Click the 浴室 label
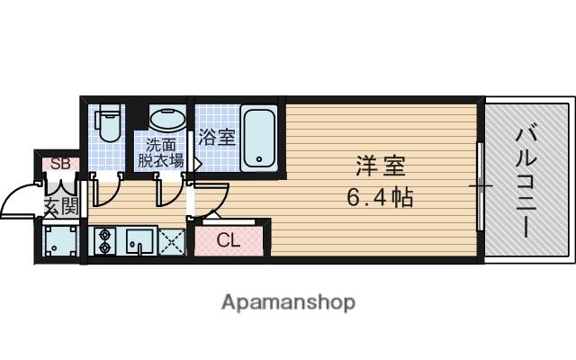(217, 137)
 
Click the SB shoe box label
(59, 164)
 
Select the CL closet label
(229, 240)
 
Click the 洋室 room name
(379, 166)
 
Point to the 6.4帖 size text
(379, 197)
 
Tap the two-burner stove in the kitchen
(105, 241)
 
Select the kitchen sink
(138, 241)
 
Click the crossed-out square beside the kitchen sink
(171, 241)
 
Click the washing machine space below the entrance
(59, 240)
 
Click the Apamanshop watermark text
(288, 301)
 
